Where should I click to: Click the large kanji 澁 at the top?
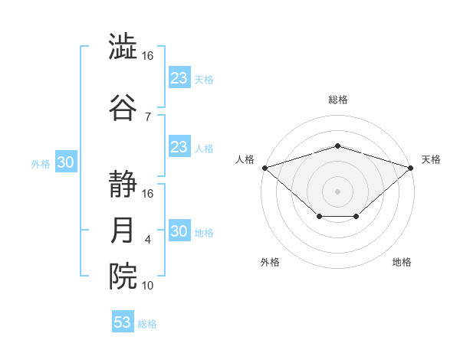[123, 46]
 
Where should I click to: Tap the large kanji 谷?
[123, 107]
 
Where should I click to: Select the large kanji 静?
[123, 184]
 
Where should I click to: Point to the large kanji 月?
[122, 230]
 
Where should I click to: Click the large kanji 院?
[123, 277]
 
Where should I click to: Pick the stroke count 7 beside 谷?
[148, 117]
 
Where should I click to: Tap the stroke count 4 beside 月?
[147, 240]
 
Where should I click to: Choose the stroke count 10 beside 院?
[147, 286]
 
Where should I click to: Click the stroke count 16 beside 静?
[147, 194]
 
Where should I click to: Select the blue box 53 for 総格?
[123, 321]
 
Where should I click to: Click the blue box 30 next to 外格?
[66, 162]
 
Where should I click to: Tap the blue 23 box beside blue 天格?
[180, 77]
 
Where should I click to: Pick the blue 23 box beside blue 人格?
[180, 146]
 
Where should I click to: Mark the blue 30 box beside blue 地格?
[180, 230]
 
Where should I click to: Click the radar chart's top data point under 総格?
[337, 146]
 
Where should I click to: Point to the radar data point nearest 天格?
[411, 168]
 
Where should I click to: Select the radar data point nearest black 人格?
[265, 168]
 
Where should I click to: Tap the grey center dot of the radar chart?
[337, 191]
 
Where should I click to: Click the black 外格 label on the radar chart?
[270, 262]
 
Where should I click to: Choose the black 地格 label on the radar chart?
[402, 262]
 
